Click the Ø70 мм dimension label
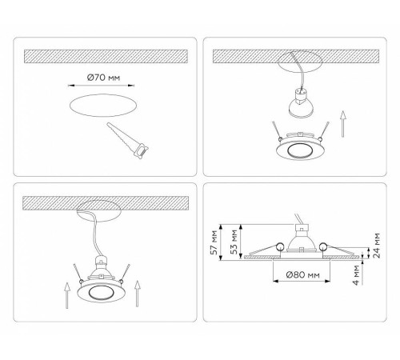(98, 79)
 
